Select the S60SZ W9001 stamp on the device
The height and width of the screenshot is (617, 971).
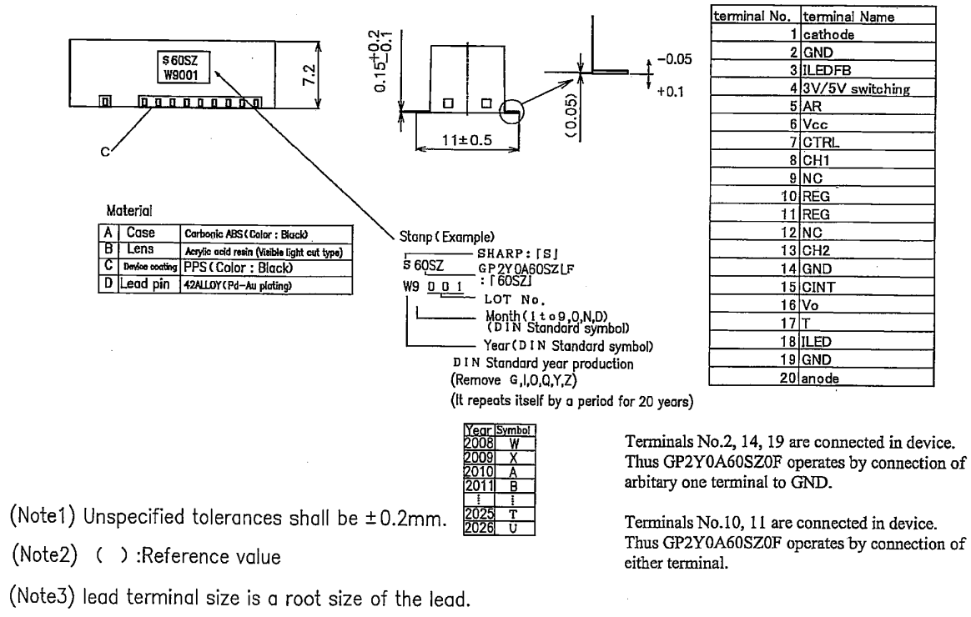coord(180,65)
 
